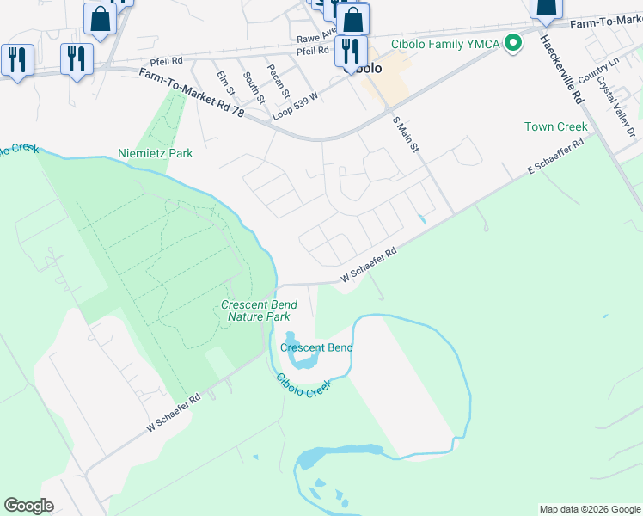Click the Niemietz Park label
pos(155,153)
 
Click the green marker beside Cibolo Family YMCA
pos(513,42)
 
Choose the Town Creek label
pos(556,126)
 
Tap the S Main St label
pos(404,135)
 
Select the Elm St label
pos(226,84)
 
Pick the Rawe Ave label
pos(315,37)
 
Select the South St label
pos(251,86)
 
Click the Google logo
pos(28,506)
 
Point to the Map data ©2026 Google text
pos(589,509)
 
